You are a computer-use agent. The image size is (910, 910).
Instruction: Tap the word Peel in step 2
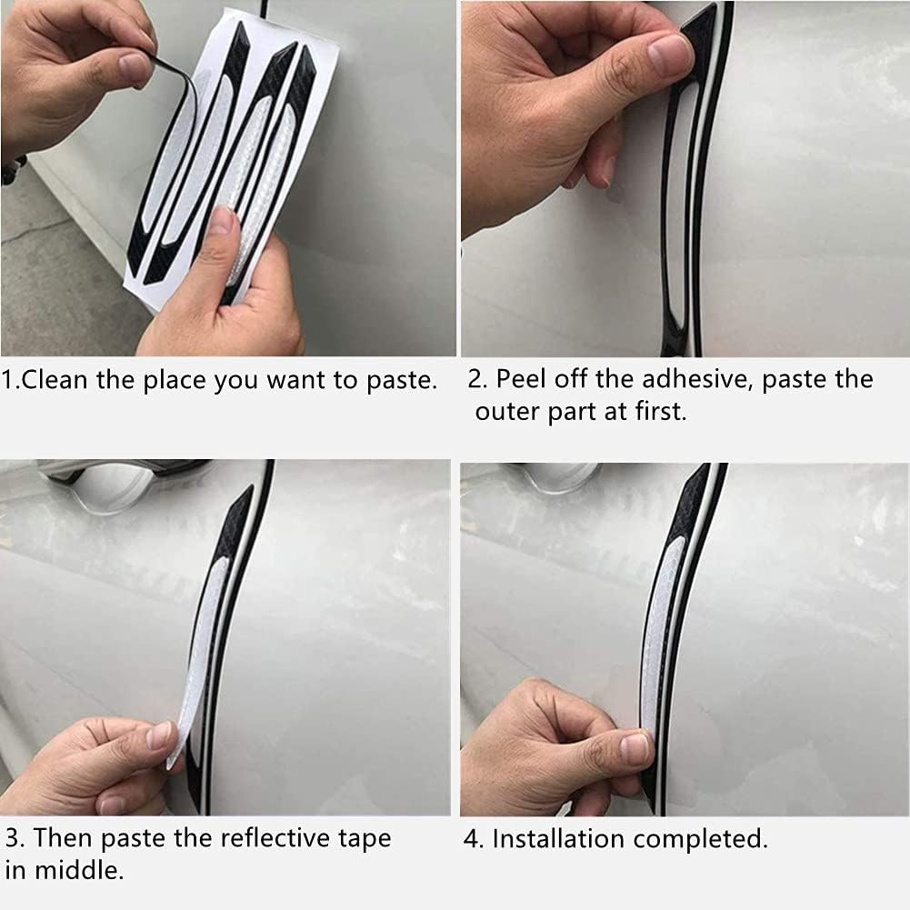[x=522, y=379]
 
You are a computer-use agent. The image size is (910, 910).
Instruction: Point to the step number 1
[x=8, y=379]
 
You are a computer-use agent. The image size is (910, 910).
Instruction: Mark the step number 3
[x=13, y=837]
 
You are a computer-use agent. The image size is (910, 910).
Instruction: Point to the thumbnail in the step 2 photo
[x=669, y=55]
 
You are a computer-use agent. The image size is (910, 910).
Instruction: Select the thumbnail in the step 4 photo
[x=635, y=748]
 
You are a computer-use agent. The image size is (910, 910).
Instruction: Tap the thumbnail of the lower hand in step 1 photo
[x=221, y=223]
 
